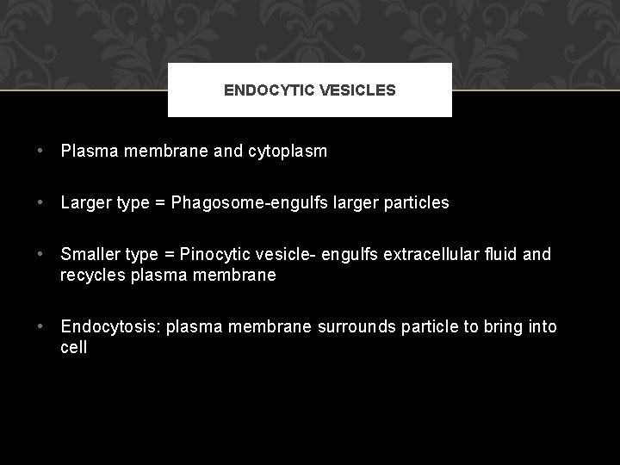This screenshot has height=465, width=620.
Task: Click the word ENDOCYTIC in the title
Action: (263, 90)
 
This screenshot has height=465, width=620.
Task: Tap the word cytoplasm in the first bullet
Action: (287, 152)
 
